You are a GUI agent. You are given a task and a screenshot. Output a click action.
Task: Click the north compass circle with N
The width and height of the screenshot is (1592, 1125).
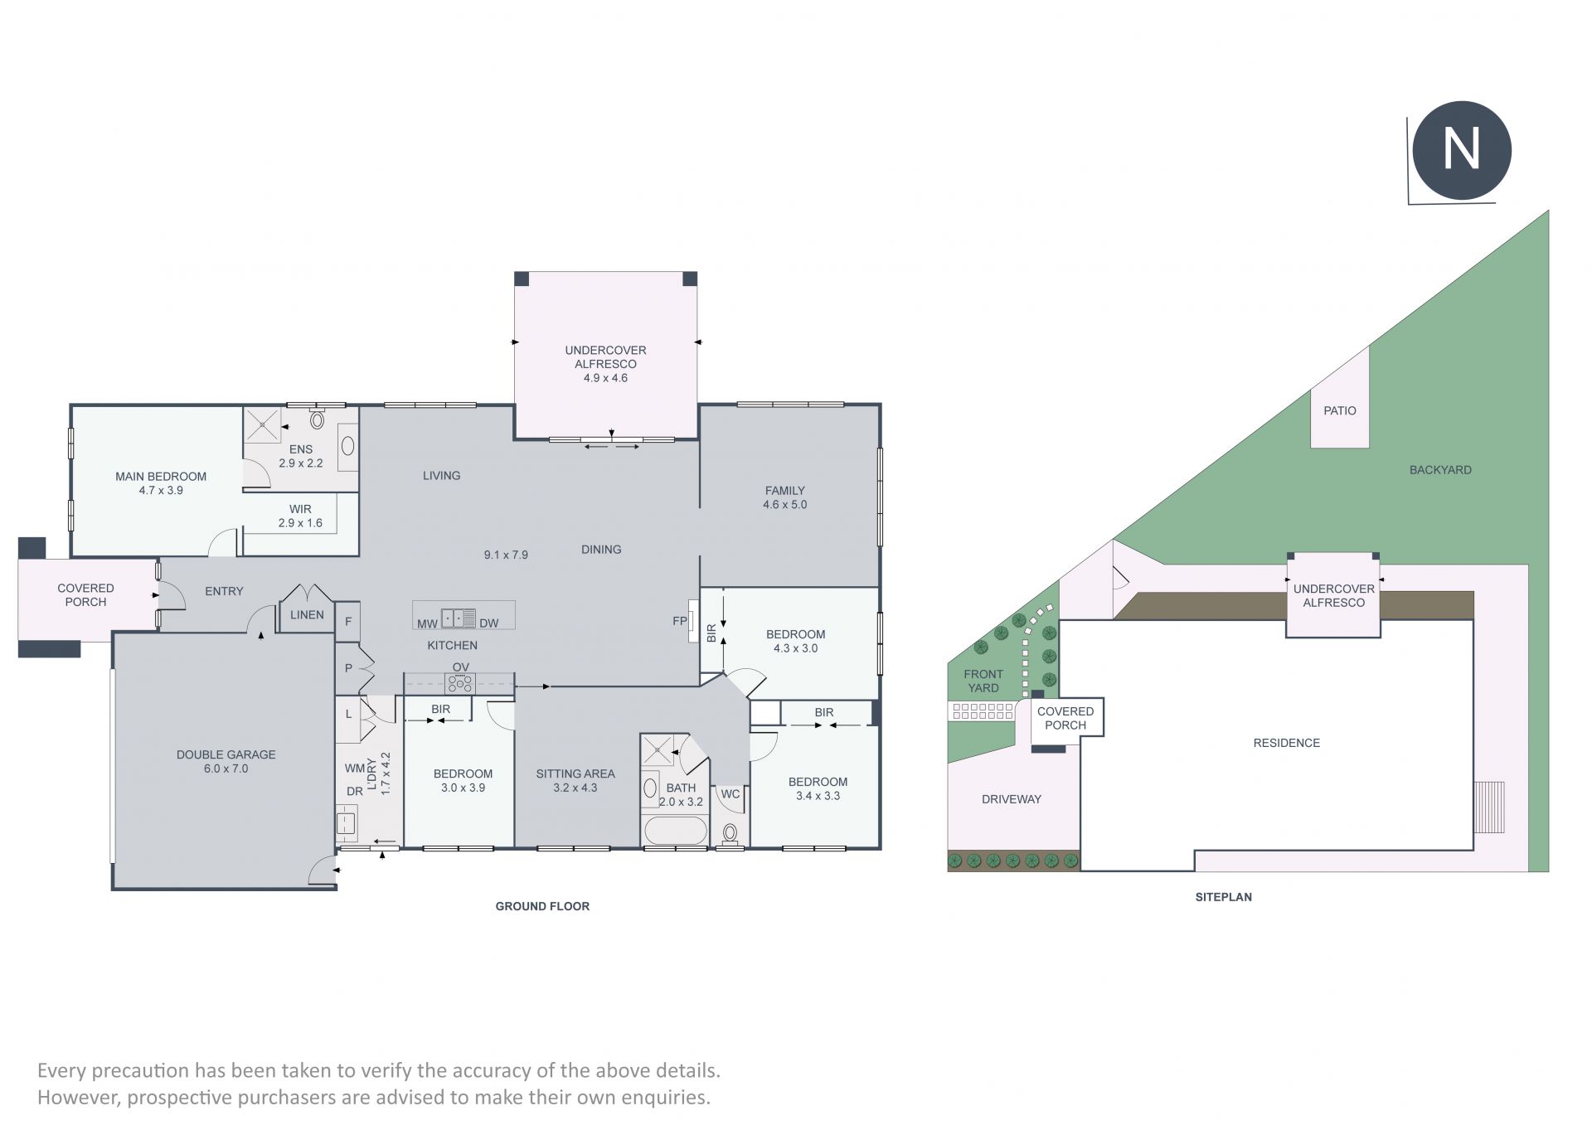click(x=1461, y=150)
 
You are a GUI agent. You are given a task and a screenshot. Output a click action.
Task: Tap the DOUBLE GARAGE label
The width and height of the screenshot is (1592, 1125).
click(x=226, y=754)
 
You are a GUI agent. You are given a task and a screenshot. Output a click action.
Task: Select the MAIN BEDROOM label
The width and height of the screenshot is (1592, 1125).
click(x=161, y=477)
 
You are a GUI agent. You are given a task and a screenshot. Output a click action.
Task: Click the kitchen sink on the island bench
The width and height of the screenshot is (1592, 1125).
click(x=459, y=618)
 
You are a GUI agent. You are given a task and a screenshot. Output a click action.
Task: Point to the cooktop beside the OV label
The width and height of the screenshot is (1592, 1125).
click(x=459, y=684)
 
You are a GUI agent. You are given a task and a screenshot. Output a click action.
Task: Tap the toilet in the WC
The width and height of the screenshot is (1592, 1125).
click(x=730, y=833)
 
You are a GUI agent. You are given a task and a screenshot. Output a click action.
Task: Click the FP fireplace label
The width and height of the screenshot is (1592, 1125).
click(x=680, y=620)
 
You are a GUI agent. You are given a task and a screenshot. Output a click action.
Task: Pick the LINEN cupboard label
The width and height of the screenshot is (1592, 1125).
click(x=307, y=615)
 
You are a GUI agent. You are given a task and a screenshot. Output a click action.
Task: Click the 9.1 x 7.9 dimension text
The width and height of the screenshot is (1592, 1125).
click(x=506, y=555)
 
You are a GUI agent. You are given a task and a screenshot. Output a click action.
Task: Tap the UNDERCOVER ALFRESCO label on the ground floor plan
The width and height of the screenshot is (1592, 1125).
click(x=605, y=357)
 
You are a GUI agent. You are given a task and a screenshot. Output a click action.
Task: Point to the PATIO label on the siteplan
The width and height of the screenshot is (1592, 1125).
click(x=1340, y=410)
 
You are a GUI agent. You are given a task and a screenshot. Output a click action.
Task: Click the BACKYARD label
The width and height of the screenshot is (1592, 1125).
click(x=1440, y=470)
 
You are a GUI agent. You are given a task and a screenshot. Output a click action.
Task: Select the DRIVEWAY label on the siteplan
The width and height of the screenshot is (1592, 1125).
click(x=1012, y=799)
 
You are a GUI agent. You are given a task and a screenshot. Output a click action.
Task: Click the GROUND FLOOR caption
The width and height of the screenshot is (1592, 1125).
click(x=542, y=906)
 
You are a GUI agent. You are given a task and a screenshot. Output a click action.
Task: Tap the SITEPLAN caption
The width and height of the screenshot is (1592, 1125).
click(x=1224, y=896)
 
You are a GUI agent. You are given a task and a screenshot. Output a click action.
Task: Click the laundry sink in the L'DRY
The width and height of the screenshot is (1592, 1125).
click(x=347, y=823)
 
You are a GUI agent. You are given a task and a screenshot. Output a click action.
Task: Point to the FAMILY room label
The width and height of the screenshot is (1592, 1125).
click(x=785, y=491)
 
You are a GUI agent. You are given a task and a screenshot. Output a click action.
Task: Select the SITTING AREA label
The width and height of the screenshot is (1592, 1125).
click(x=575, y=773)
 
